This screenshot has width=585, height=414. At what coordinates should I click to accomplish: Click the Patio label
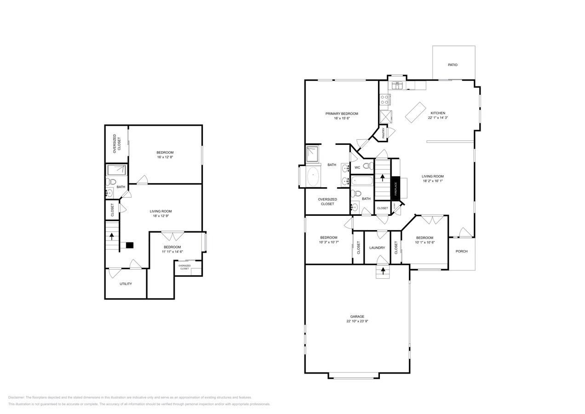(x=453, y=65)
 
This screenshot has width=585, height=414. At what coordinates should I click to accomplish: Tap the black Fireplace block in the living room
(x=395, y=189)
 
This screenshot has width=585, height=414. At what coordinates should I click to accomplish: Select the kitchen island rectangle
(x=415, y=112)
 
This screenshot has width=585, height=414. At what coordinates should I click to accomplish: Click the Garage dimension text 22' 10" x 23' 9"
(x=357, y=322)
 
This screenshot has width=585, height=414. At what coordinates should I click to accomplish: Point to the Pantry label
(x=383, y=133)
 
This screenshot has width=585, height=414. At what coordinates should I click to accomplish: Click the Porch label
(x=461, y=251)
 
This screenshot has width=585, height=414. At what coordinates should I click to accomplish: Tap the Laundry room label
(x=377, y=248)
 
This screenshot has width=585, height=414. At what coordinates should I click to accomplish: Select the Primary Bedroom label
(x=342, y=114)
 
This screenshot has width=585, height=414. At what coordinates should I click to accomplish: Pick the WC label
(x=357, y=167)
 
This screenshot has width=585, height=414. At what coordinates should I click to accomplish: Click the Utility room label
(x=126, y=284)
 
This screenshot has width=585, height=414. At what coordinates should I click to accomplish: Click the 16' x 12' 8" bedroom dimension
(x=165, y=157)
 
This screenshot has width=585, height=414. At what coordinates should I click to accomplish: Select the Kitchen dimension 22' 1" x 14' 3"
(x=438, y=118)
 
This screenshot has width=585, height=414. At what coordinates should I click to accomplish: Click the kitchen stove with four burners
(x=384, y=99)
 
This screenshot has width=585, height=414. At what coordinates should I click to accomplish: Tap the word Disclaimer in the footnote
(x=16, y=397)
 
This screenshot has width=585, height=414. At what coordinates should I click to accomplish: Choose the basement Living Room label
(x=161, y=211)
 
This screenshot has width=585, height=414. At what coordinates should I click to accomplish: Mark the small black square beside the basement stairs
(x=130, y=245)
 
